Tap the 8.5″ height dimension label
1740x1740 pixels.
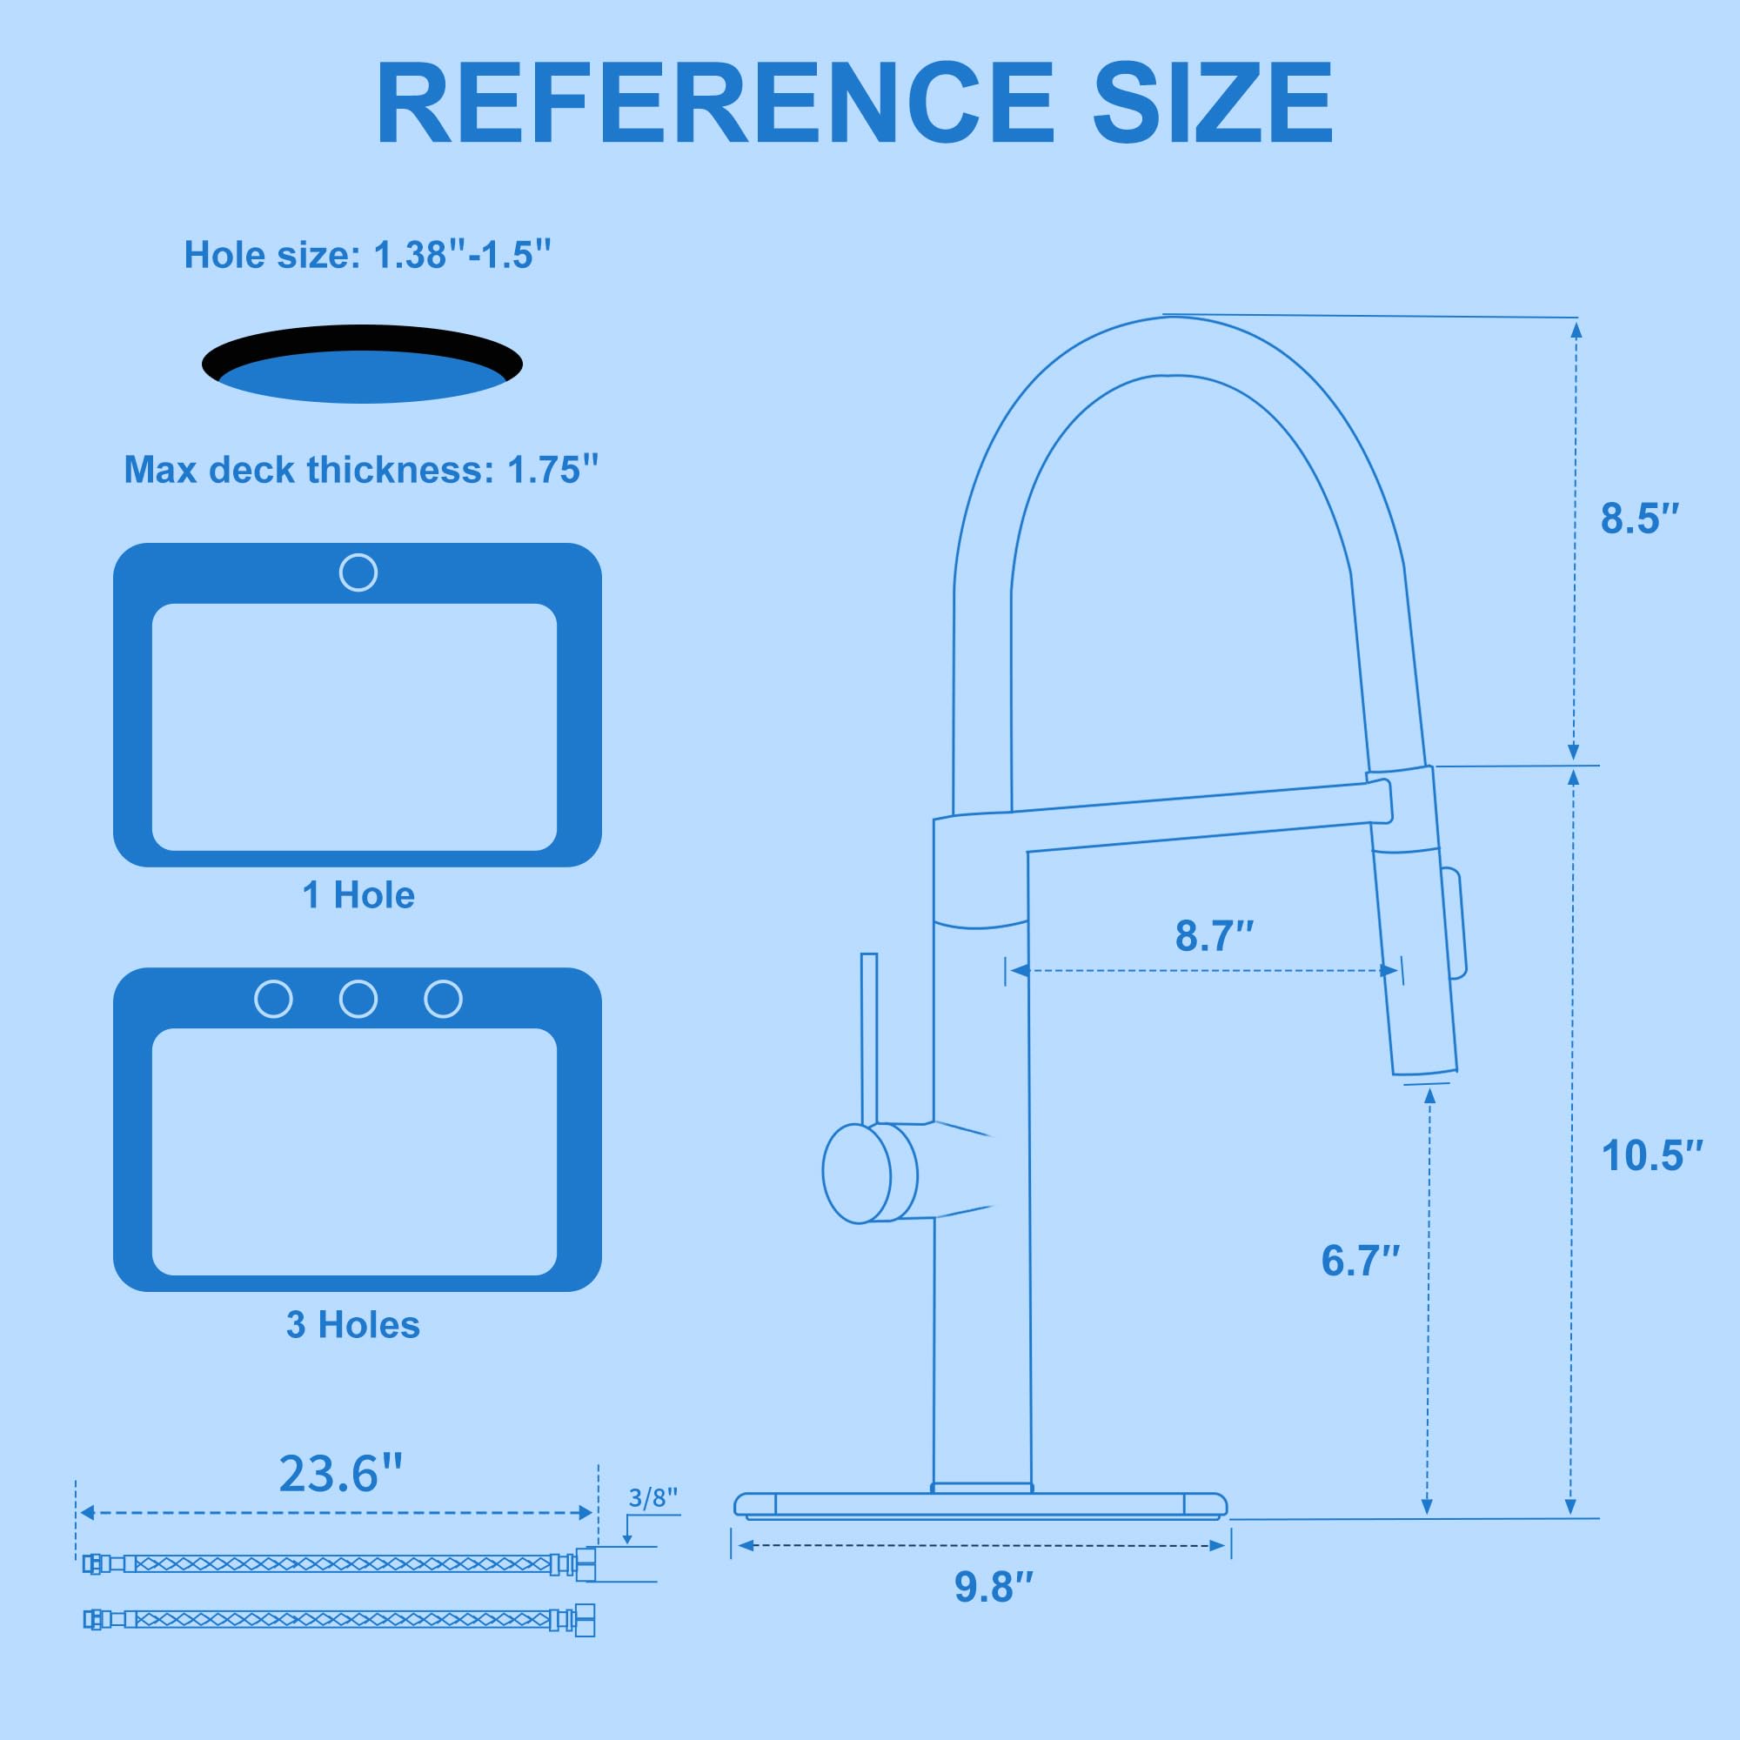pos(1640,519)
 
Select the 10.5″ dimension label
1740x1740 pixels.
pos(1652,1155)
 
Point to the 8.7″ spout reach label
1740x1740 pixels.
pos(1214,937)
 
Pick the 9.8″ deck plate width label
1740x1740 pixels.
pos(994,1587)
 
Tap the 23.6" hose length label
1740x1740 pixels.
pos(339,1475)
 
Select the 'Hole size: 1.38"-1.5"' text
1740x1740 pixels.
pos(367,255)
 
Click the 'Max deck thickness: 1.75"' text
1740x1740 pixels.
pos(360,470)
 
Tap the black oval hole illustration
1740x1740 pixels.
pos(362,363)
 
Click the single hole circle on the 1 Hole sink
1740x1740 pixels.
pos(358,572)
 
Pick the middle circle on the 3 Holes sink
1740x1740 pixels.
pos(358,999)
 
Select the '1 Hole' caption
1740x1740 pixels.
pos(358,895)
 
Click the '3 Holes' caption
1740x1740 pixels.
pos(353,1325)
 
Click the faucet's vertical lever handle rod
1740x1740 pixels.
pos(869,1035)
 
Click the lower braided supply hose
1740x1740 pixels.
pos(338,1619)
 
